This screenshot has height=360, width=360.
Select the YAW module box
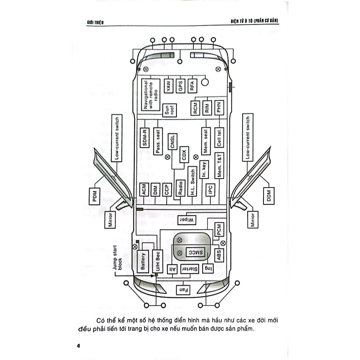coord(168,85)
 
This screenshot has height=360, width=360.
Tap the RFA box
coord(192,85)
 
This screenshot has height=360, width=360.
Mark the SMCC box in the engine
coord(194,252)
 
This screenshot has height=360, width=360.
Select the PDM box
coord(95,197)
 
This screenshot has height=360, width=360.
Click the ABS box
coord(219,256)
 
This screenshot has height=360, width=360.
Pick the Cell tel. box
coord(219,138)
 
